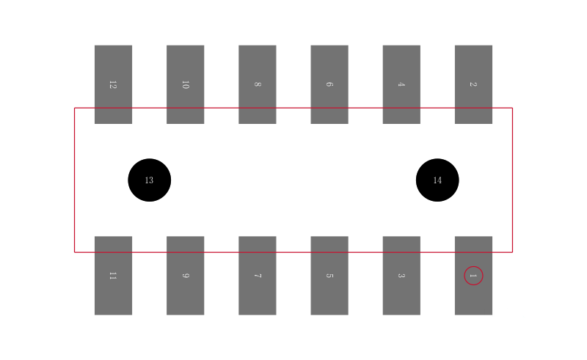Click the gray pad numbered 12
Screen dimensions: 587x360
(x=113, y=84)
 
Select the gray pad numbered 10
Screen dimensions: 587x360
(x=186, y=84)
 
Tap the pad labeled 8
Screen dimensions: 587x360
(x=258, y=84)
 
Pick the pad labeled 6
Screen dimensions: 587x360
(x=329, y=84)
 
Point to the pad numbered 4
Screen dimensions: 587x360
(x=401, y=84)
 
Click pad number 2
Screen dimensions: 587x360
(x=473, y=84)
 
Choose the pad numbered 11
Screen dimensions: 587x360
(x=113, y=276)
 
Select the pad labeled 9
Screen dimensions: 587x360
(x=186, y=276)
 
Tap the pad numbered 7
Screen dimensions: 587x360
(x=258, y=276)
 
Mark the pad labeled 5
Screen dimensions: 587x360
(x=329, y=276)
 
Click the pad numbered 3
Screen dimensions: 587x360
(x=401, y=276)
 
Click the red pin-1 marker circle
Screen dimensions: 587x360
(x=473, y=266)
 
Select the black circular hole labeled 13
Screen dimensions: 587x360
(x=150, y=180)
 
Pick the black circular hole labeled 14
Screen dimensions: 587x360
(x=437, y=180)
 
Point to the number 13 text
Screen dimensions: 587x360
(x=149, y=180)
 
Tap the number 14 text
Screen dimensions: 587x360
(x=437, y=180)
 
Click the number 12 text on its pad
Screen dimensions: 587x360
(x=113, y=84)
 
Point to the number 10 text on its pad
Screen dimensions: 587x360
(x=186, y=84)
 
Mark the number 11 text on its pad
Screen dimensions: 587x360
(x=113, y=276)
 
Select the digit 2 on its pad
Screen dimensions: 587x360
(x=473, y=84)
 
